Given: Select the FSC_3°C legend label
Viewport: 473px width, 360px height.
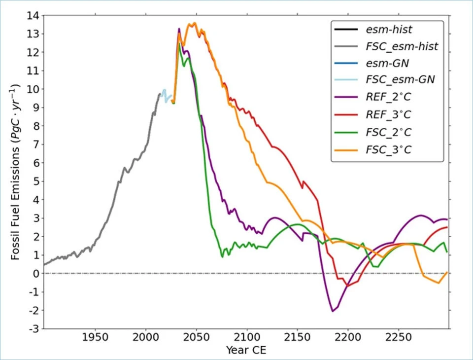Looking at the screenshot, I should tap(388, 148).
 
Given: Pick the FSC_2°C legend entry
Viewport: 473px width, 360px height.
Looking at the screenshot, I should tap(388, 131).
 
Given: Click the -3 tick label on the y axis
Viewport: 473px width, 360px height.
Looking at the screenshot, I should tap(35, 329).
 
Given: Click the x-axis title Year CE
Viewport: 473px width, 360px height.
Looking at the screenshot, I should tap(246, 351).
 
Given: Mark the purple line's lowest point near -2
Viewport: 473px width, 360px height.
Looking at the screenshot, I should tap(333, 311).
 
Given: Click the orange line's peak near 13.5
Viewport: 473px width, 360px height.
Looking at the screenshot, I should tap(194, 23).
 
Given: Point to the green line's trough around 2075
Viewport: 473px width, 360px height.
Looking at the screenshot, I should tap(222, 257).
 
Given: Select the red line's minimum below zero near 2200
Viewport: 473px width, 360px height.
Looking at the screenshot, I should tap(347, 286).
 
